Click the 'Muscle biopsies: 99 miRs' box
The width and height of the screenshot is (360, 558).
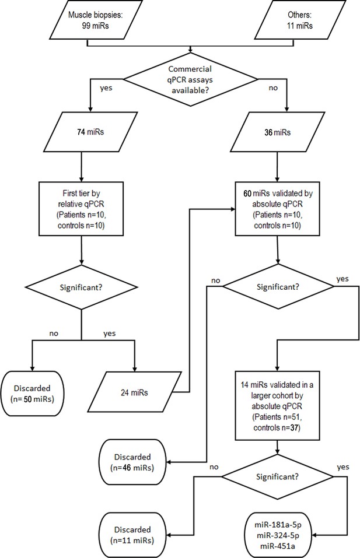96,20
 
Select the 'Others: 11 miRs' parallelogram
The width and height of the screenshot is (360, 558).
300,20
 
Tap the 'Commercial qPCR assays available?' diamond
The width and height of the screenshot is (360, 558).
191,79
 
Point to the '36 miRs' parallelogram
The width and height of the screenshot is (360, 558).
277,132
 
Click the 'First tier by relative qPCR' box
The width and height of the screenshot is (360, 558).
82,209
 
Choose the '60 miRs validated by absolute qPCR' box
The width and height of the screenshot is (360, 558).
277,209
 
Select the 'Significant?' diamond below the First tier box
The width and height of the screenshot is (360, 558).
81,287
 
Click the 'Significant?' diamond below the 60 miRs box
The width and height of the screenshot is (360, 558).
278,286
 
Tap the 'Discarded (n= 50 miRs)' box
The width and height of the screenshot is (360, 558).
33,394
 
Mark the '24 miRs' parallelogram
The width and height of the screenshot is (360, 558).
134,392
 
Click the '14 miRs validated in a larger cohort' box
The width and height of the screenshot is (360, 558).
277,406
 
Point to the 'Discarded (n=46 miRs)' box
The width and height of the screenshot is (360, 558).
132,462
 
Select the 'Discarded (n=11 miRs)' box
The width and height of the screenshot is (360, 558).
132,535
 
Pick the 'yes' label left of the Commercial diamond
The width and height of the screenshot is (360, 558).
106,88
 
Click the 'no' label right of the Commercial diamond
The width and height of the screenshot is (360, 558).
273,88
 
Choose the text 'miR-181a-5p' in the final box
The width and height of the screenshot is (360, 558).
278,525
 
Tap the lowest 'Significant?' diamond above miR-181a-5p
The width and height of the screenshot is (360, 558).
277,476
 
